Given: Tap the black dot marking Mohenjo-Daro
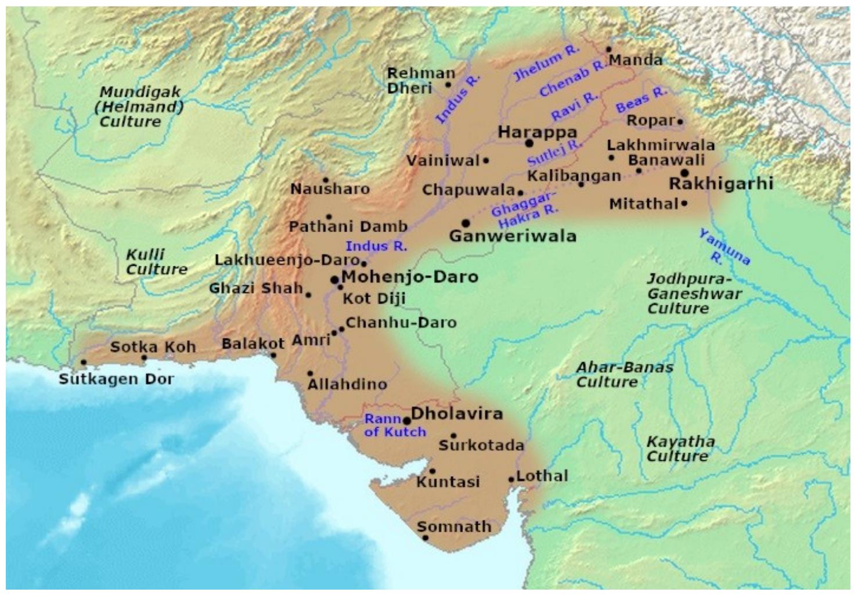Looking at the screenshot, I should click(x=334, y=280).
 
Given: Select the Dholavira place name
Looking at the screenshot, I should click(x=456, y=414).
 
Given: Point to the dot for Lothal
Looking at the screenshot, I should click(x=511, y=479).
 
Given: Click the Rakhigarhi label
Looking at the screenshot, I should click(x=721, y=183).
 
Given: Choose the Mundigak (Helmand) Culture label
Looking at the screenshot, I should click(x=140, y=107).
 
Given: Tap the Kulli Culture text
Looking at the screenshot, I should click(x=156, y=262).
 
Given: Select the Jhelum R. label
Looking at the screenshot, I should click(x=546, y=63).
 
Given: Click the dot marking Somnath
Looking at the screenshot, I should click(x=426, y=538).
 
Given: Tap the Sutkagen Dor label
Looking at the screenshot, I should click(x=116, y=380).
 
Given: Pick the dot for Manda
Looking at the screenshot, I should click(x=609, y=50).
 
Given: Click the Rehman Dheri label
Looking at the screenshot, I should click(x=421, y=81).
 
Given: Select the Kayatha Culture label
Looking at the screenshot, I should click(x=680, y=449).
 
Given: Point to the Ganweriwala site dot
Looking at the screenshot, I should click(x=466, y=223).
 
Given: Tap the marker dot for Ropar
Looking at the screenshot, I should click(x=680, y=122).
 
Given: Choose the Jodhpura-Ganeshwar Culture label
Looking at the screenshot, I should click(x=694, y=293).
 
